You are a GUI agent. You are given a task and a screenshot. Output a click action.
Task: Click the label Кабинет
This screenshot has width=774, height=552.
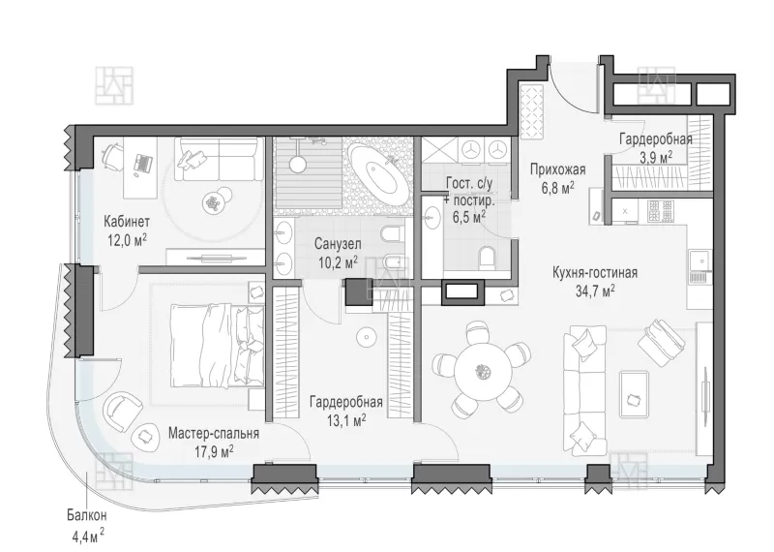(x=127, y=221)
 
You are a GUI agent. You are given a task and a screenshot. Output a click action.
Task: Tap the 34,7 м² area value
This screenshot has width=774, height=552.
(x=595, y=291)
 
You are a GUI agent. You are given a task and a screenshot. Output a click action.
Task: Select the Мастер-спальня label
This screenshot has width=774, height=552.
(x=213, y=434)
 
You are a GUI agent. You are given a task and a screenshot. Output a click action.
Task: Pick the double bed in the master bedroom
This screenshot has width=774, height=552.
(x=216, y=346)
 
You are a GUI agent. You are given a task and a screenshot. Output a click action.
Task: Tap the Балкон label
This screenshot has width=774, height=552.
(x=87, y=515)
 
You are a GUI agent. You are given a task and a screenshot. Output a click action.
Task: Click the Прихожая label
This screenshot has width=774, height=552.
(x=558, y=169)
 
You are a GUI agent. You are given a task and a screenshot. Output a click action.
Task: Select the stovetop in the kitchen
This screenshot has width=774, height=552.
(x=662, y=211)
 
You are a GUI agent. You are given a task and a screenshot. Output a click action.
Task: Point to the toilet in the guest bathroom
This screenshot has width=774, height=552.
(x=488, y=257)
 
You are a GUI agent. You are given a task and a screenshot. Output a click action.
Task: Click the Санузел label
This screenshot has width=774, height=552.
(x=338, y=244)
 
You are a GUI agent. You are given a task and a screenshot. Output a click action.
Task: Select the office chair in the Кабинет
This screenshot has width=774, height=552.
(x=112, y=153)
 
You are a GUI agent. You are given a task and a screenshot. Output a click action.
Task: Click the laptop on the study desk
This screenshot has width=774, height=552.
(x=143, y=164)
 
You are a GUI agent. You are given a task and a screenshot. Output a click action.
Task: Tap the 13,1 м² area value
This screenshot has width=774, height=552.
(x=346, y=419)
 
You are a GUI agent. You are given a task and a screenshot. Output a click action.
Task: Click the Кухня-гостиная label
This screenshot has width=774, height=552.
(x=595, y=272)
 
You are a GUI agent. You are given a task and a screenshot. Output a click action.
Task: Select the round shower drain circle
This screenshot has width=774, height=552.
(x=298, y=164)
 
